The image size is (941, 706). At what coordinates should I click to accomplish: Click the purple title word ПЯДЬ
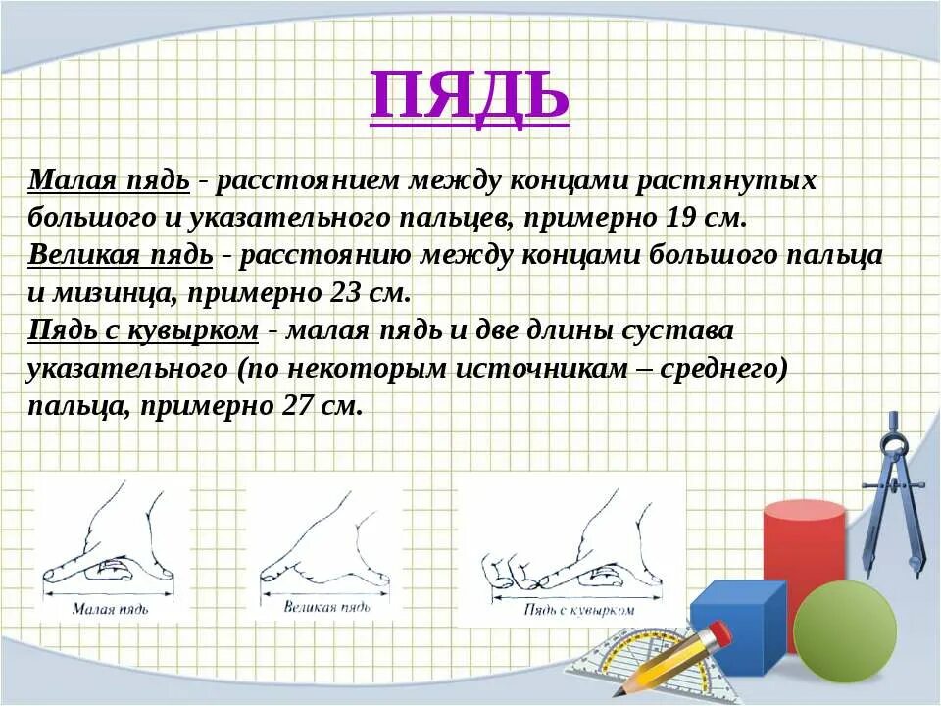pyautogui.click(x=470, y=95)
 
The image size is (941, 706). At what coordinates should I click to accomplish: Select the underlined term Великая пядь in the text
pyautogui.click(x=121, y=256)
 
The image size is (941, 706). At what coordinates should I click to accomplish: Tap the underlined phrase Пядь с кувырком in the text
pyautogui.click(x=143, y=331)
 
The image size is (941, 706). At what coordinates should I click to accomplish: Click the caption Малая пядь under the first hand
pyautogui.click(x=111, y=609)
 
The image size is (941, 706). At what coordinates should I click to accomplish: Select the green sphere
pyautogui.click(x=844, y=630)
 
